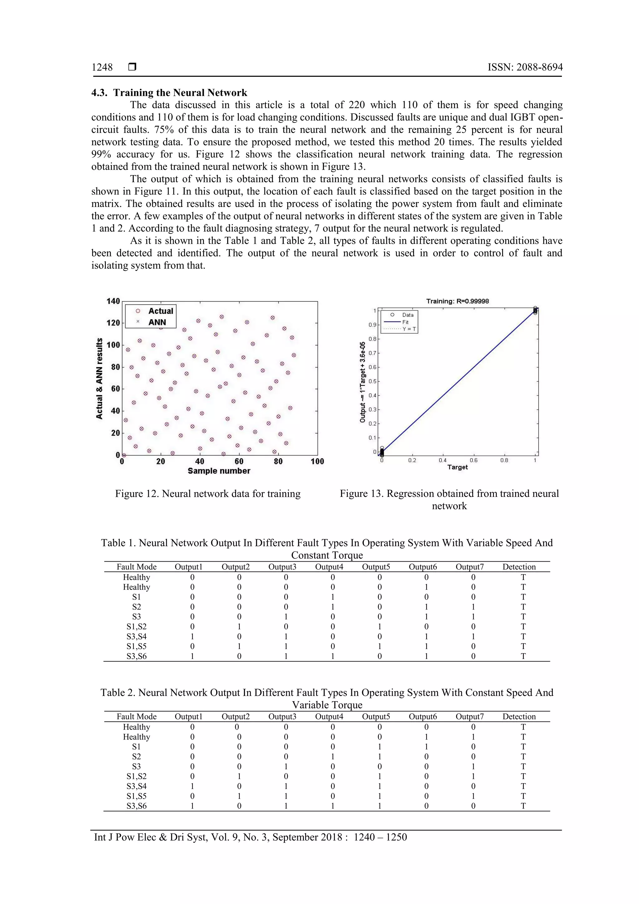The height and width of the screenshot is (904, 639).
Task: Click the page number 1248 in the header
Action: click(102, 67)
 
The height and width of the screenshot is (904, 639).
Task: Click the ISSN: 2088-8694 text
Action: click(525, 67)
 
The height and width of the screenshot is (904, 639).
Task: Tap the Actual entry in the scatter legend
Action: click(160, 311)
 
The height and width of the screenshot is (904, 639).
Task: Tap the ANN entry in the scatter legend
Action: click(157, 322)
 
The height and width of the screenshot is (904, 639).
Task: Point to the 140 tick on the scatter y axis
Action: click(113, 301)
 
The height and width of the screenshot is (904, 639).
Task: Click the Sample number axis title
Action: click(219, 471)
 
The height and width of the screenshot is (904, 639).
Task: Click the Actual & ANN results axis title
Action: click(99, 379)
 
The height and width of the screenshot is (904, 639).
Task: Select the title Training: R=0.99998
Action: click(457, 301)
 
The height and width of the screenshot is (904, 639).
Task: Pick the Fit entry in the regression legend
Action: click(405, 322)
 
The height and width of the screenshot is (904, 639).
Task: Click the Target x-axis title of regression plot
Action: click(457, 467)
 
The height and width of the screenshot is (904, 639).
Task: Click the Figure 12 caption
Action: click(207, 494)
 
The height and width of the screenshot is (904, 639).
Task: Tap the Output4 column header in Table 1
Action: click(329, 567)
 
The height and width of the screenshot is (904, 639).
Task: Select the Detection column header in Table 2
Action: click(519, 716)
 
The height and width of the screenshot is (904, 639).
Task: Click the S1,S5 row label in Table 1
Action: click(137, 646)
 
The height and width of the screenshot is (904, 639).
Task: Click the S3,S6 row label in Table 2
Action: click(137, 806)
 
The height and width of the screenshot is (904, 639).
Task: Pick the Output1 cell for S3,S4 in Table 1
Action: click(192, 636)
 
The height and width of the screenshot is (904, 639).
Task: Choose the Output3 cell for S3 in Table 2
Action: click(286, 766)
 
